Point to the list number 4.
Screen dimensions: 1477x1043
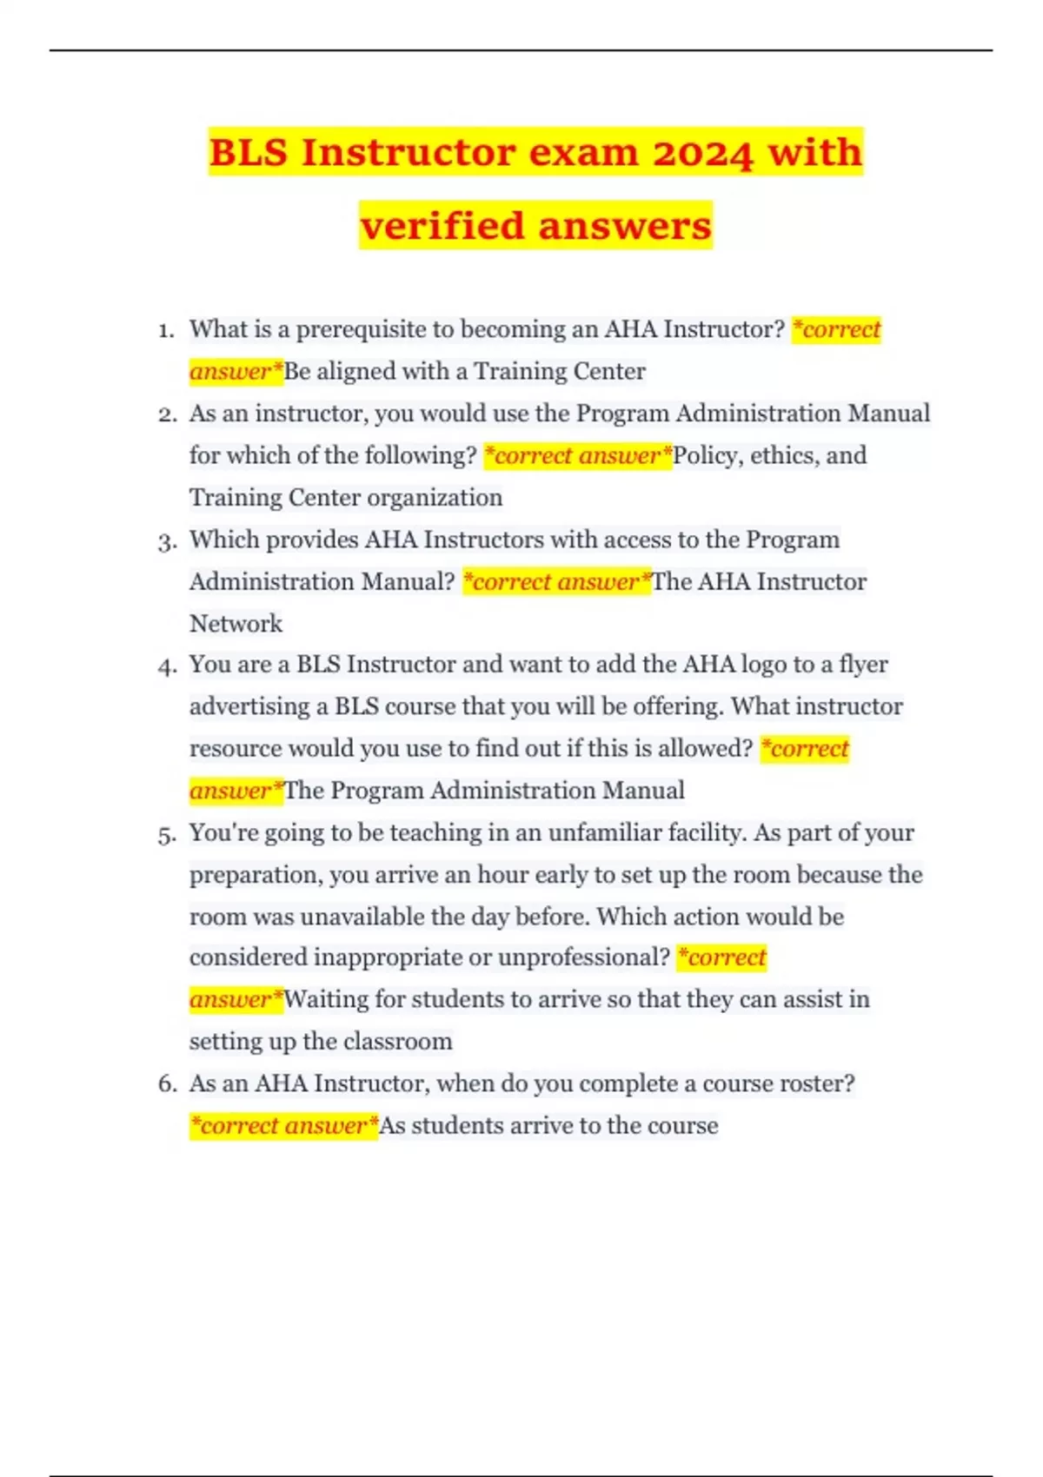166,666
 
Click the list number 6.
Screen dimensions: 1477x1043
166,1084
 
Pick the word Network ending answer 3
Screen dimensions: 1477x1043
236,624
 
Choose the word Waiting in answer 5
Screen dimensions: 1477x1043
326,999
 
